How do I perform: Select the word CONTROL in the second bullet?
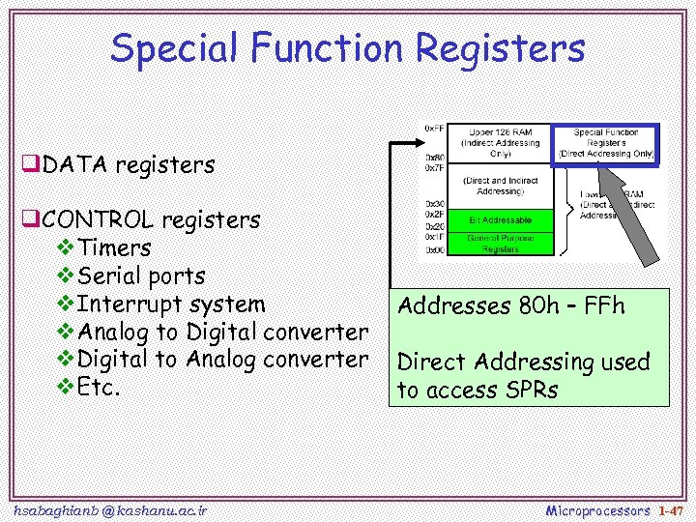98,220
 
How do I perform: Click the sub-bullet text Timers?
114,247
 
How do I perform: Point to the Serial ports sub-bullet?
141,275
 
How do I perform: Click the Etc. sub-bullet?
100,388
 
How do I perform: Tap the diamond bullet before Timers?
67,248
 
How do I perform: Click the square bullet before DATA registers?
32,165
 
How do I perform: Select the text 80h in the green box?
543,306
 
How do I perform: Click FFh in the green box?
605,306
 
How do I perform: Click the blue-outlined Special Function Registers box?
605,143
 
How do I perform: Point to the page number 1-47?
670,509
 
